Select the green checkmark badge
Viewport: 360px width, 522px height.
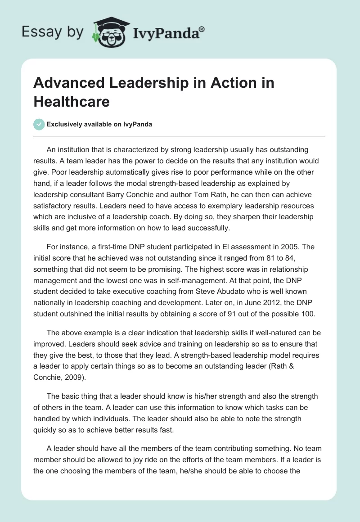(x=39, y=124)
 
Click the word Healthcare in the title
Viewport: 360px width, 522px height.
(x=72, y=101)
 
